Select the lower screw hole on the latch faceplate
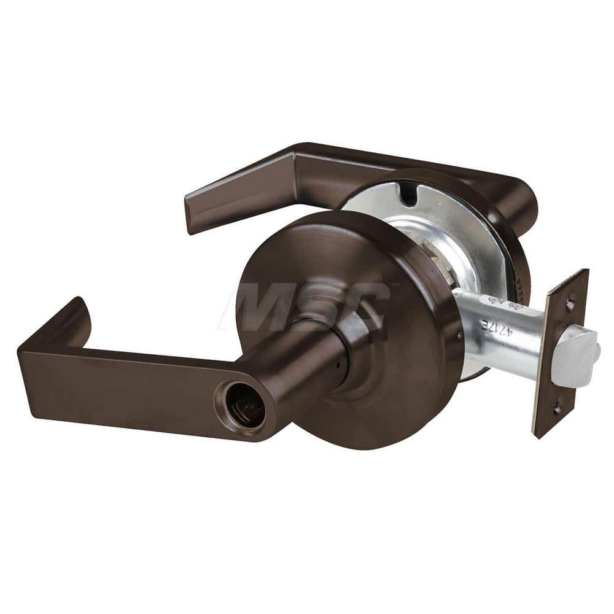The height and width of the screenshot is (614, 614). click(556, 406)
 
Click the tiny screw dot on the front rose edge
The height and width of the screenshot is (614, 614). click(460, 336)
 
